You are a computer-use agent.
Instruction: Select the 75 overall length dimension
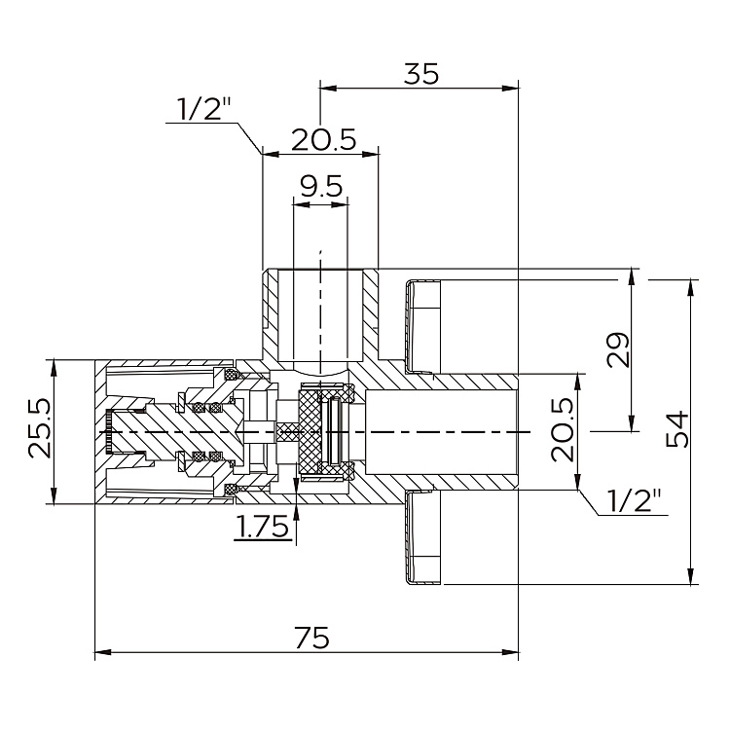pyautogui.click(x=310, y=639)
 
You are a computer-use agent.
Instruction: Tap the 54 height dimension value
pyautogui.click(x=677, y=429)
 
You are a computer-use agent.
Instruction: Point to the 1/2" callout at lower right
pyautogui.click(x=634, y=502)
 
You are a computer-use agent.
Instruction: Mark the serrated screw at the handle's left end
pyautogui.click(x=109, y=431)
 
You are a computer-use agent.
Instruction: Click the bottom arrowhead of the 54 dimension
pyautogui.click(x=692, y=581)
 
